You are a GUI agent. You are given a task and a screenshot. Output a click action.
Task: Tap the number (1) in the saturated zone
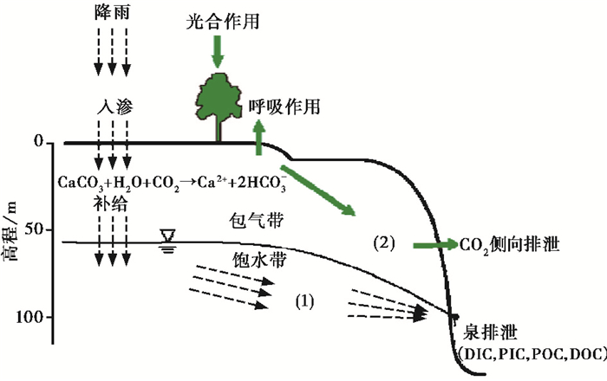[x=303, y=302]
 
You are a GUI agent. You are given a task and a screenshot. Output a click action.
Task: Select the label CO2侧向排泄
[x=511, y=246]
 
